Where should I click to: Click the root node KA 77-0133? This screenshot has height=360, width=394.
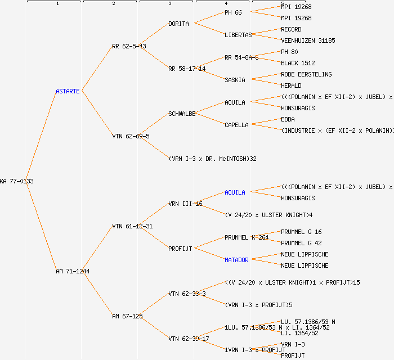click(17, 181)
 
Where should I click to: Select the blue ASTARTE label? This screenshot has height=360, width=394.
click(68, 91)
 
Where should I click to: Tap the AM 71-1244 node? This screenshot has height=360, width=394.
click(73, 271)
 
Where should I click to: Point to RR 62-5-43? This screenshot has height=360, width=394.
click(129, 46)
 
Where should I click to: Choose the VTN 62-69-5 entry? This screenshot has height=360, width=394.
click(131, 136)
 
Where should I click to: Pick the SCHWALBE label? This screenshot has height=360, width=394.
click(182, 114)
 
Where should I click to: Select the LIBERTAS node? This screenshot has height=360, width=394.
click(238, 35)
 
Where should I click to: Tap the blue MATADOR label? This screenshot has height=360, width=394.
click(236, 260)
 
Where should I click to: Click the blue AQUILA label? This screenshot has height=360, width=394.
click(235, 192)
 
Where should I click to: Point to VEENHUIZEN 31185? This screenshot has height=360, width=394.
click(308, 40)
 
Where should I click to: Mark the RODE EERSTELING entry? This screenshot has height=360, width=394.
click(306, 74)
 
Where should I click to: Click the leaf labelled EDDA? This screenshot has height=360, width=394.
click(288, 119)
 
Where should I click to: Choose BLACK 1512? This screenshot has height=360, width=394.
click(298, 63)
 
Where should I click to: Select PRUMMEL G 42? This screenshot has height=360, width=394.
click(301, 243)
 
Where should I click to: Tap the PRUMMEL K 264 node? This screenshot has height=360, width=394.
click(247, 237)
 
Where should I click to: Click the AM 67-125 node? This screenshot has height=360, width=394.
click(127, 316)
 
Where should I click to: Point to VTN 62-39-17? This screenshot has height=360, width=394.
click(189, 339)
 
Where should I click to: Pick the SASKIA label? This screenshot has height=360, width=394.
click(235, 80)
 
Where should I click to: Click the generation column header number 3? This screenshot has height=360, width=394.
click(169, 4)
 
